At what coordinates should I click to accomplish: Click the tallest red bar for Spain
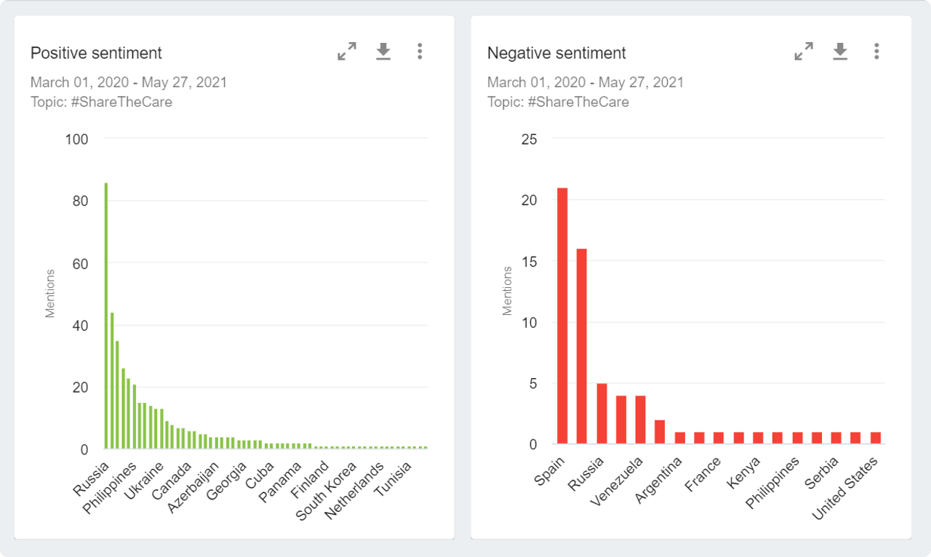[562, 316]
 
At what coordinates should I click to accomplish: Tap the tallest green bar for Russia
[106, 316]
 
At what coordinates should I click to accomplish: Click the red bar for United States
[875, 438]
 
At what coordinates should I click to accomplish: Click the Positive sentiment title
[96, 53]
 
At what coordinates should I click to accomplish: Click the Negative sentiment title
[556, 53]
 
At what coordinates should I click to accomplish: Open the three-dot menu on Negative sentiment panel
[876, 51]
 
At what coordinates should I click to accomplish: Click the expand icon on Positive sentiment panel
[347, 51]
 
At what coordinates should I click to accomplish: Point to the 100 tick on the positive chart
[76, 139]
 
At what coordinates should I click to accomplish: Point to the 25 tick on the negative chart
[529, 139]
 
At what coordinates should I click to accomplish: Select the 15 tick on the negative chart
[529, 261]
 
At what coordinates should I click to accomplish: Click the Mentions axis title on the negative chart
[508, 291]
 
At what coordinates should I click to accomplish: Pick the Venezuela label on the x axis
[618, 483]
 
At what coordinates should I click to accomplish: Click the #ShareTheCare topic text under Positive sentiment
[121, 102]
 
